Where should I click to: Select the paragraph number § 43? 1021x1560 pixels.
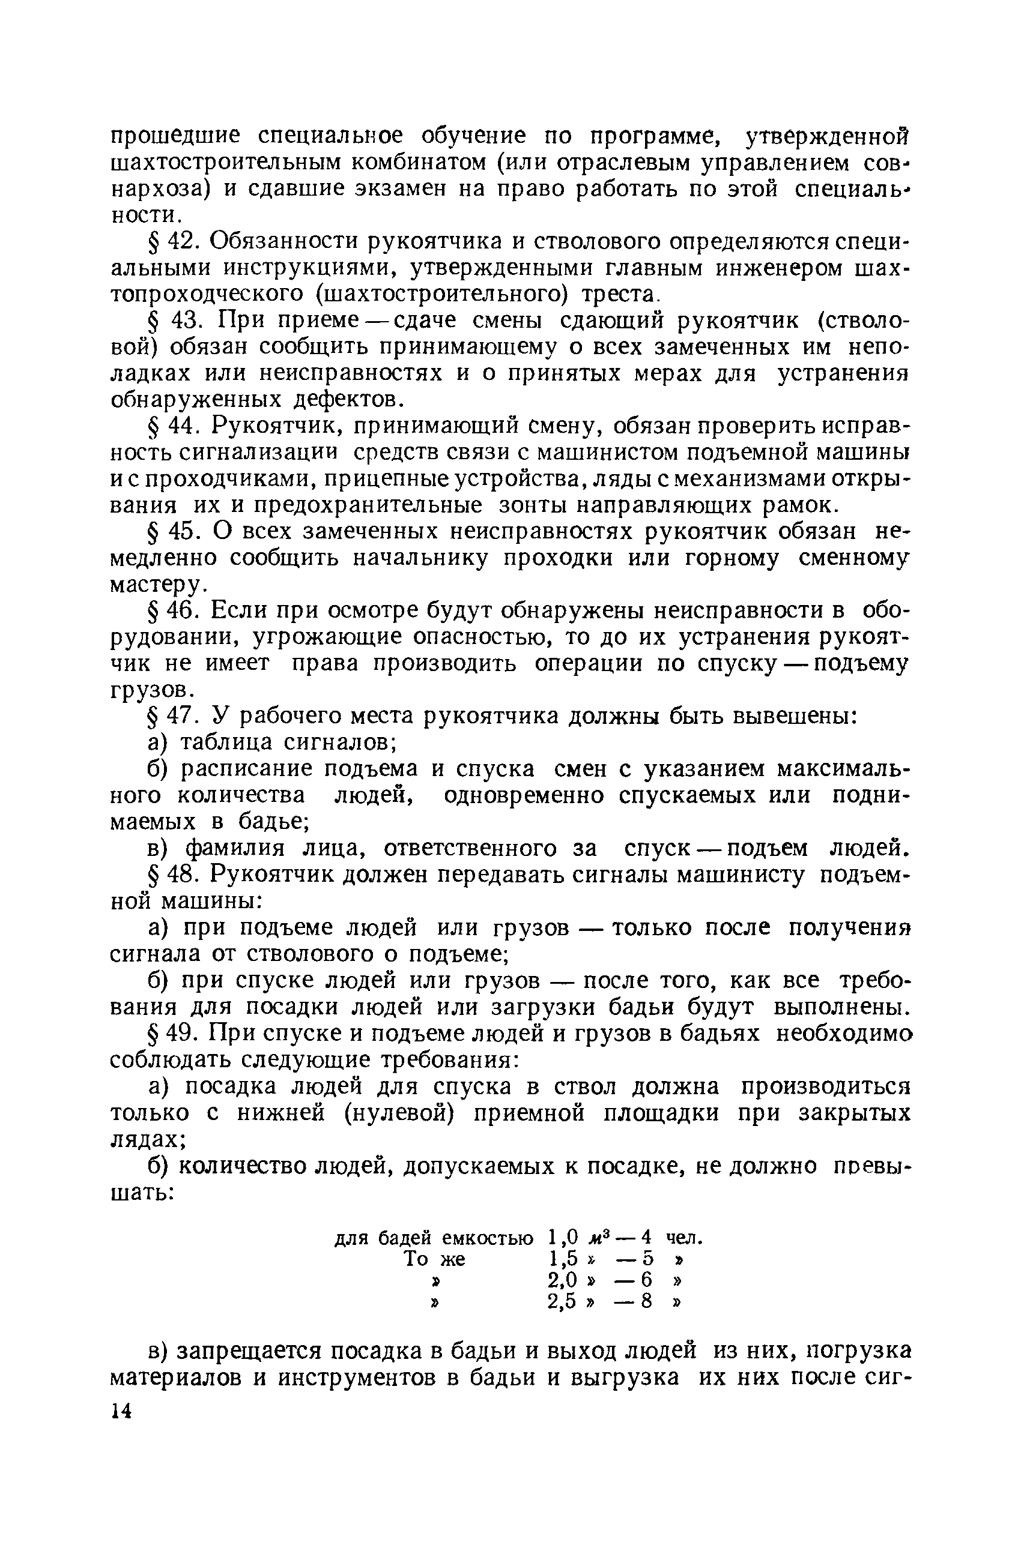pos(173,321)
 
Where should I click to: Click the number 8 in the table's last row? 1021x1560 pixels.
pos(647,1301)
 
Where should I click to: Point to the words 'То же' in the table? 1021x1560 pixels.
pos(435,1259)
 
